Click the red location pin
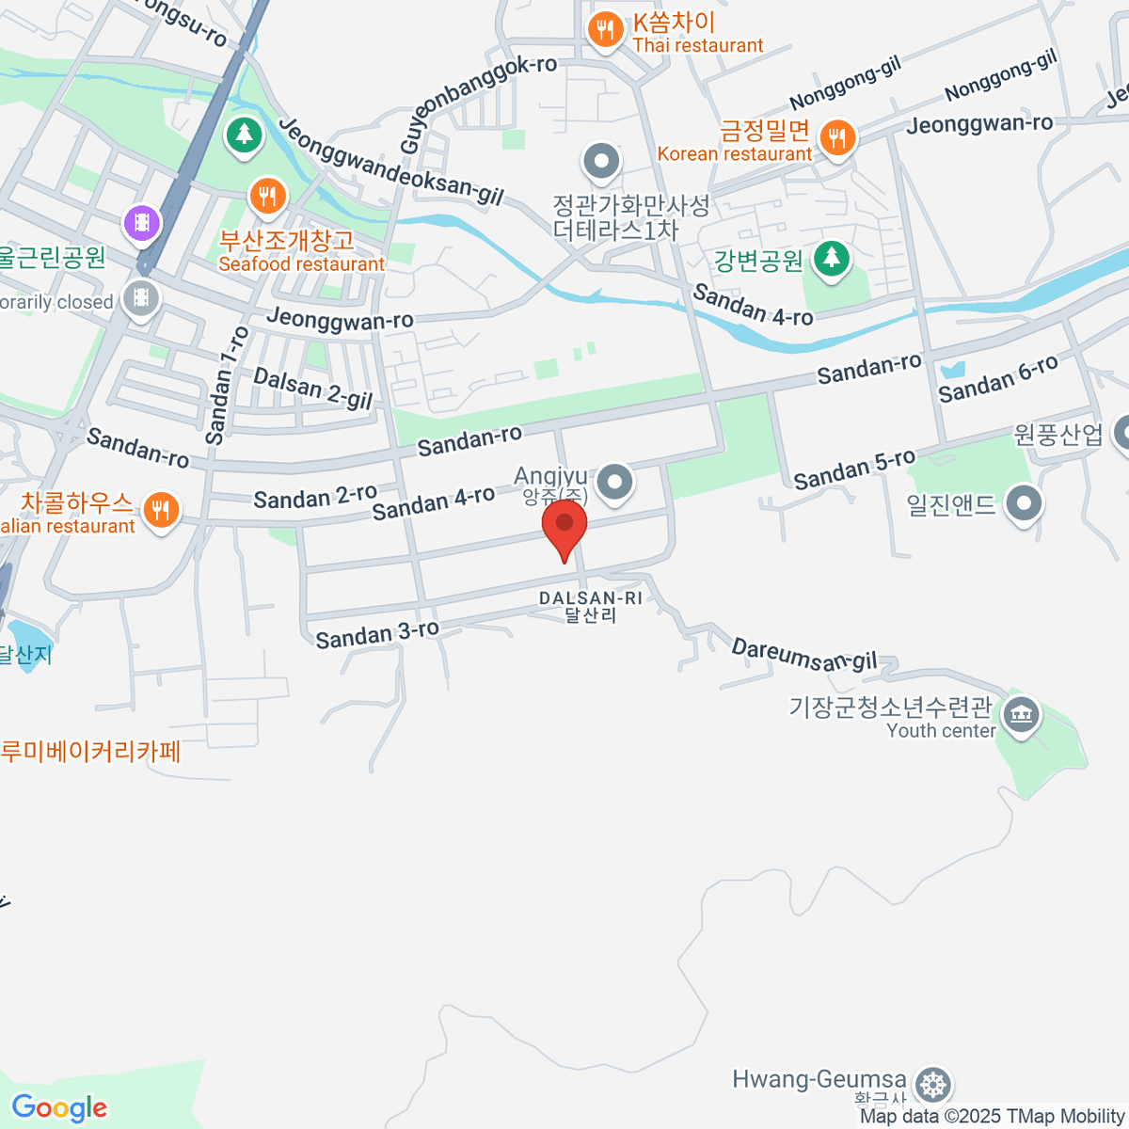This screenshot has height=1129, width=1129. tap(564, 526)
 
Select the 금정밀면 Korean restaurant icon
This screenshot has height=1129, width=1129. tap(835, 138)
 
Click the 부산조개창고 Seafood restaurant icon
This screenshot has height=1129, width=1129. tap(268, 198)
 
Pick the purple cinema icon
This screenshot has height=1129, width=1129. tap(142, 223)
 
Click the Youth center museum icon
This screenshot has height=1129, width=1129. tap(1020, 716)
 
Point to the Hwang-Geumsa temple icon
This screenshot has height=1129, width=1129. tap(932, 1085)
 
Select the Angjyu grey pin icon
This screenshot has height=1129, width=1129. tap(615, 481)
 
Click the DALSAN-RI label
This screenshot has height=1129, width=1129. tap(591, 598)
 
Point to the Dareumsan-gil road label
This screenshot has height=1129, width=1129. tap(804, 655)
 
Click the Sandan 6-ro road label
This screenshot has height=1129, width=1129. tap(997, 378)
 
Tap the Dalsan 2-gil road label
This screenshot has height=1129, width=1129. tap(313, 389)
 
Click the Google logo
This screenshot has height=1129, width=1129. tap(60, 1108)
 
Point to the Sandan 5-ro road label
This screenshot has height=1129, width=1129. tap(854, 469)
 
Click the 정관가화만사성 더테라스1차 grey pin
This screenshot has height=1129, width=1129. tap(601, 162)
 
